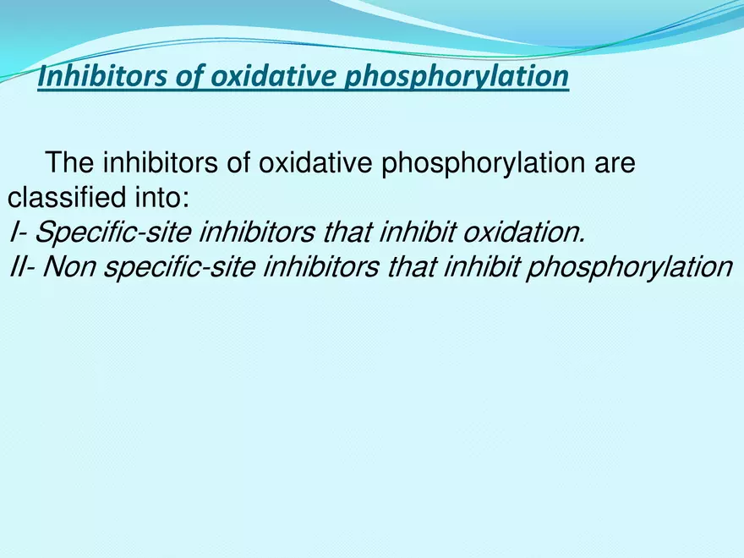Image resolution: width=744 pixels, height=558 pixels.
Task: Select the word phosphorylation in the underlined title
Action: click(456, 77)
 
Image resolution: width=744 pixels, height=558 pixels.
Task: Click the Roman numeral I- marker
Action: click(19, 232)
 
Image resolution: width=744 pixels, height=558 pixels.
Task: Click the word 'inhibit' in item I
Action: click(421, 232)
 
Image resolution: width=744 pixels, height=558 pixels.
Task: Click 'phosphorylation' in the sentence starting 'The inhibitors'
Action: click(473, 162)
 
